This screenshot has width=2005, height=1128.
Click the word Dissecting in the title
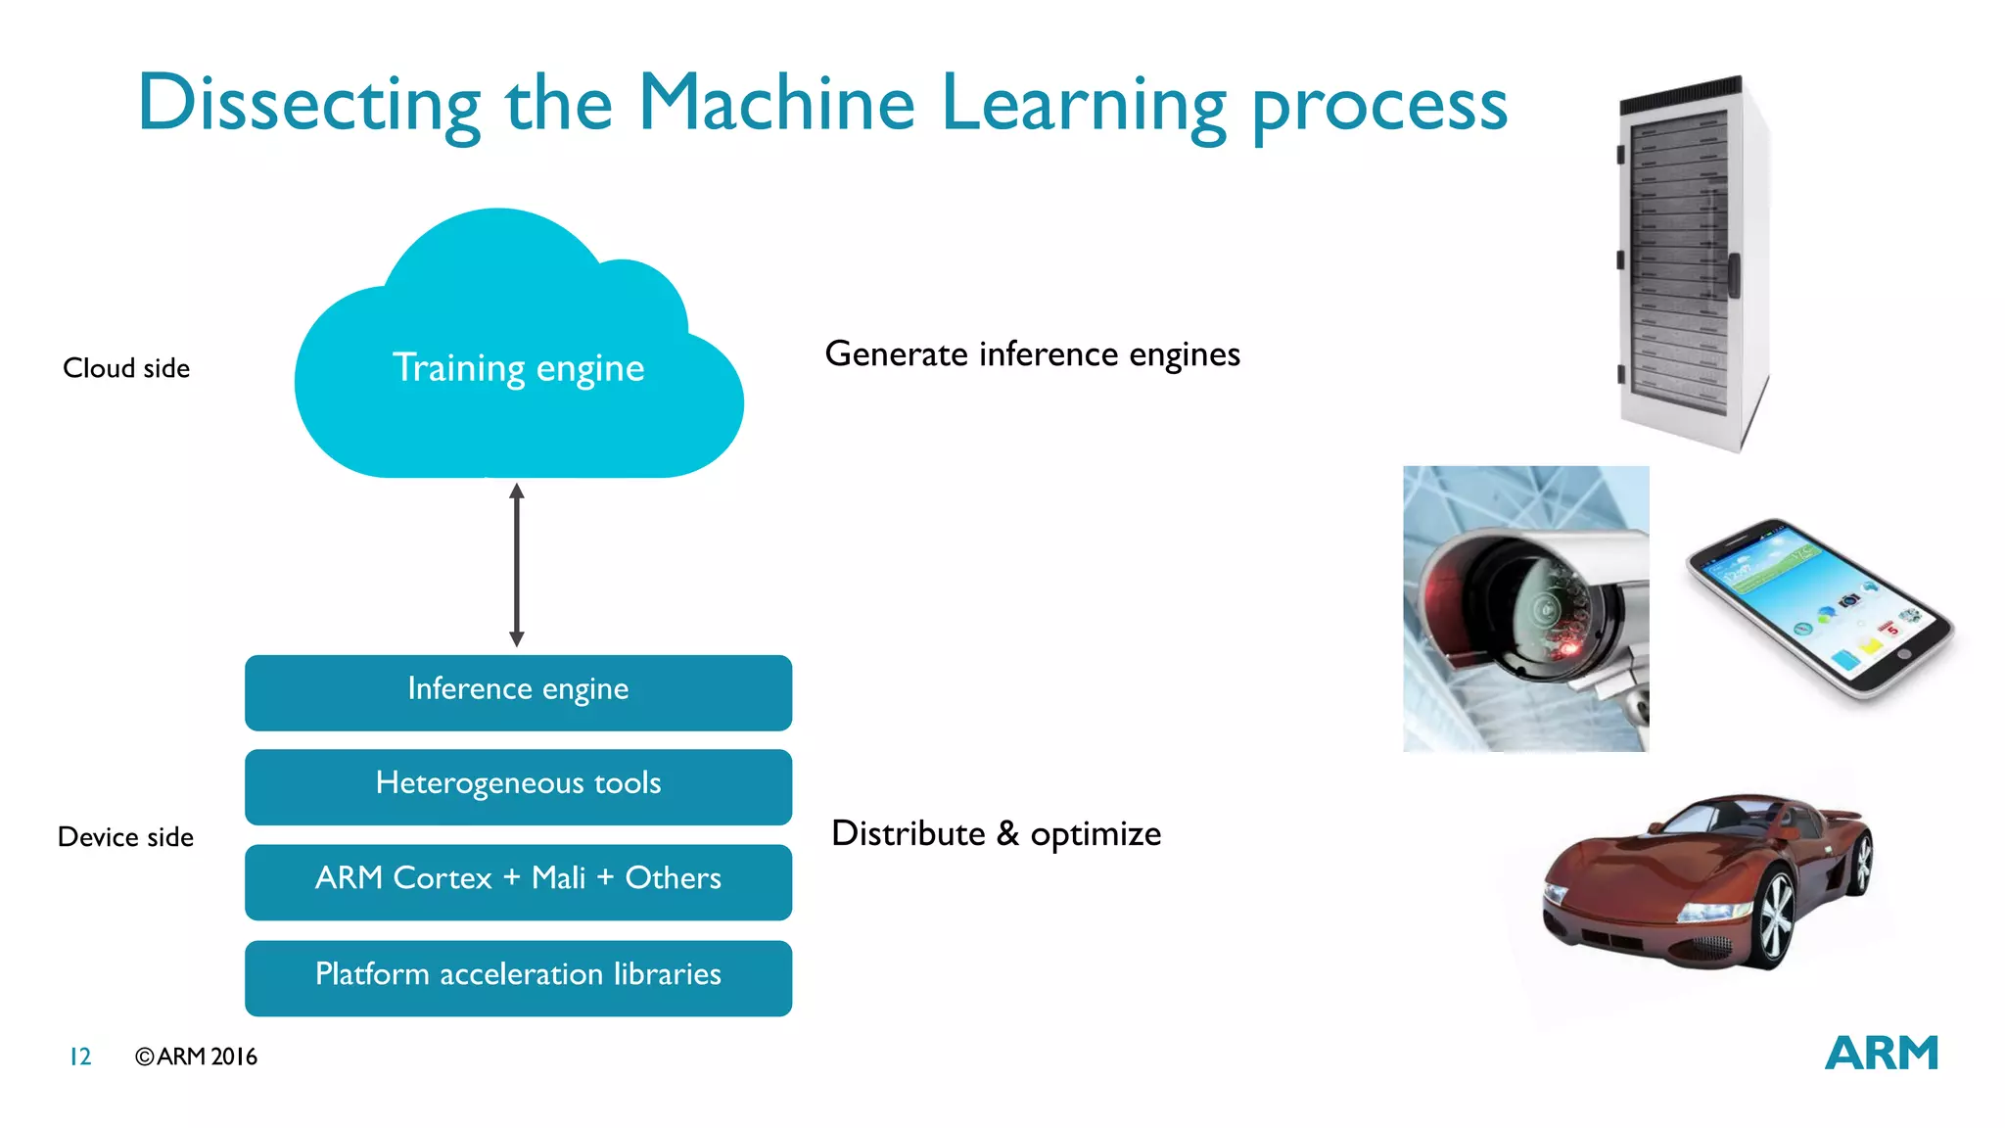pos(308,104)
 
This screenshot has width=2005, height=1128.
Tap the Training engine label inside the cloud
pos(518,368)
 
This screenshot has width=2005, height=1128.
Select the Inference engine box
pos(518,691)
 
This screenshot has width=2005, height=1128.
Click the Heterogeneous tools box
pos(518,785)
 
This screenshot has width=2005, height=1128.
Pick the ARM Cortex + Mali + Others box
pos(518,880)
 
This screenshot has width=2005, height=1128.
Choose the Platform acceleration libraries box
pos(518,976)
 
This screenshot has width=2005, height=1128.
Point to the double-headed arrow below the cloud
pos(517,565)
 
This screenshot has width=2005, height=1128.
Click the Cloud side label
pos(126,368)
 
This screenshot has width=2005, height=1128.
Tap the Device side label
pos(125,837)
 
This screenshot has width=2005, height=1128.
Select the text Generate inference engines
pos(1032,354)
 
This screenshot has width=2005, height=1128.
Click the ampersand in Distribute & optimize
pos(1007,833)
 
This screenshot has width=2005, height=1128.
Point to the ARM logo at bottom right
pos(1881,1054)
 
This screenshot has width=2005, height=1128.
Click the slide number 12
pos(80,1057)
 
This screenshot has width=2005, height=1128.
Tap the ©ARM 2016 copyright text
pos(196,1057)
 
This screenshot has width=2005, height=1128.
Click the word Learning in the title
pos(1083,104)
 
